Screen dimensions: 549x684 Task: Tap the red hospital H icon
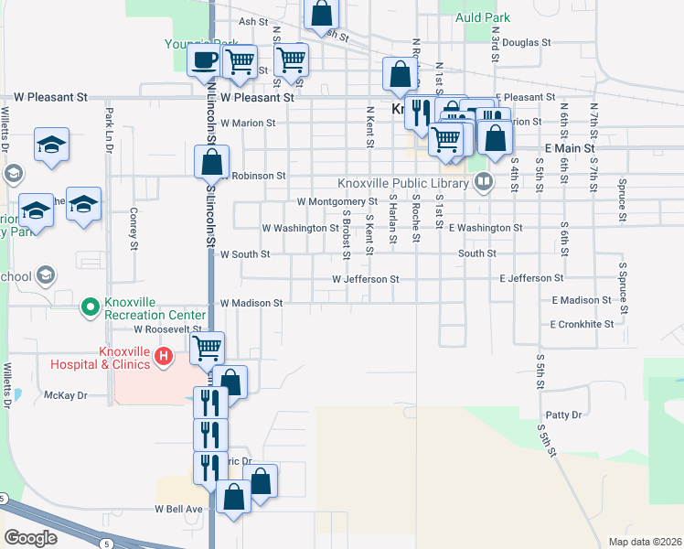pyautogui.click(x=164, y=356)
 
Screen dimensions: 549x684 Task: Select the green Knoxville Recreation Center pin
pyautogui.click(x=90, y=307)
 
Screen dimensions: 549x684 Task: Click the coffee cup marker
pyautogui.click(x=203, y=61)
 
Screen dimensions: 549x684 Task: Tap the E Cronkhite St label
pyautogui.click(x=582, y=324)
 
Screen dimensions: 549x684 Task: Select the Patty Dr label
pyautogui.click(x=563, y=415)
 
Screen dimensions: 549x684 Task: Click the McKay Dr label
pyautogui.click(x=65, y=395)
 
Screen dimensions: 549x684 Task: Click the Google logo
pyautogui.click(x=30, y=537)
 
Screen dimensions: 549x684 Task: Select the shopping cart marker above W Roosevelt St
pyautogui.click(x=208, y=348)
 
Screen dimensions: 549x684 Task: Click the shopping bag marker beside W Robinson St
pyautogui.click(x=211, y=162)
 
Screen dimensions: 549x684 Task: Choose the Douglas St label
pyautogui.click(x=527, y=42)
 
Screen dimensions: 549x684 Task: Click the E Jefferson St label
pyautogui.click(x=531, y=277)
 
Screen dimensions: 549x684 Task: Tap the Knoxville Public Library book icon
pyautogui.click(x=484, y=183)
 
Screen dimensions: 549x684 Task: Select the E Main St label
pyautogui.click(x=570, y=147)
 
